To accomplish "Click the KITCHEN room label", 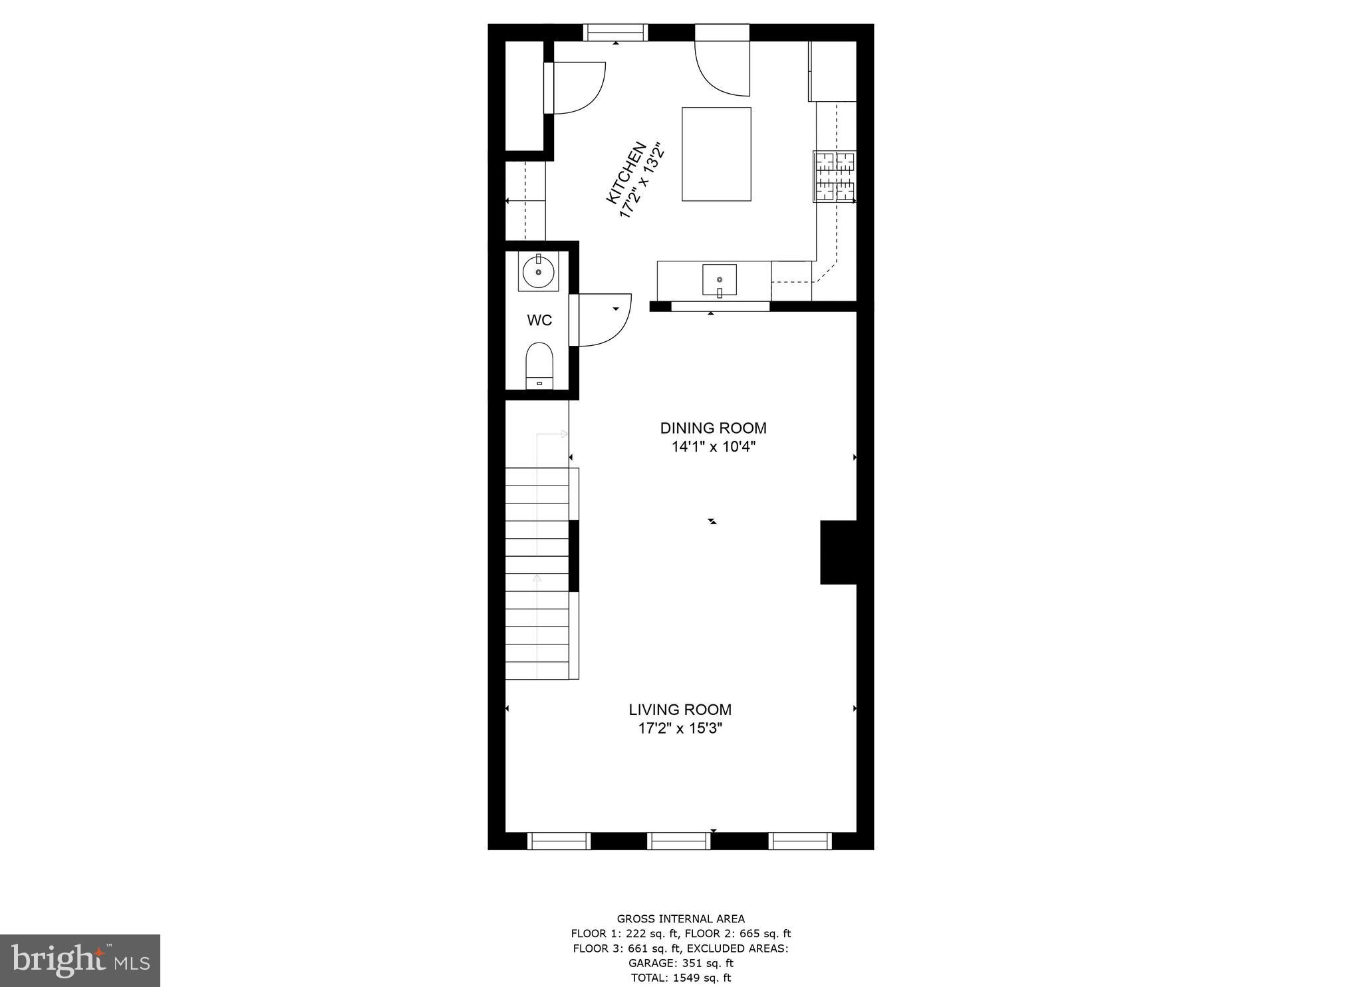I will (x=626, y=172).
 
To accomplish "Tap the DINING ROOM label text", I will (x=713, y=428).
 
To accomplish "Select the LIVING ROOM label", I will (x=680, y=710).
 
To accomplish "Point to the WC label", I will (x=539, y=321).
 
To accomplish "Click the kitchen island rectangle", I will (x=716, y=154).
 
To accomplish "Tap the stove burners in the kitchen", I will (x=835, y=176).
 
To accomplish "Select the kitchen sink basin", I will (x=720, y=279).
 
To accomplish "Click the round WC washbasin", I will (x=538, y=271).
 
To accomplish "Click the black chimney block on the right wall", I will (x=838, y=552).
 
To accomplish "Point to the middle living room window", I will (x=679, y=841).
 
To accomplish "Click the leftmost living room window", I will (x=559, y=841).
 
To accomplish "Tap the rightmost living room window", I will (x=800, y=841).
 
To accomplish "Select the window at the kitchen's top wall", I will (x=615, y=32).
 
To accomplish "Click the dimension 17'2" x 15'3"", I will (x=680, y=728).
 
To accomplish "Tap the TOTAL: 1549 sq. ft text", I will (x=680, y=978).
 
